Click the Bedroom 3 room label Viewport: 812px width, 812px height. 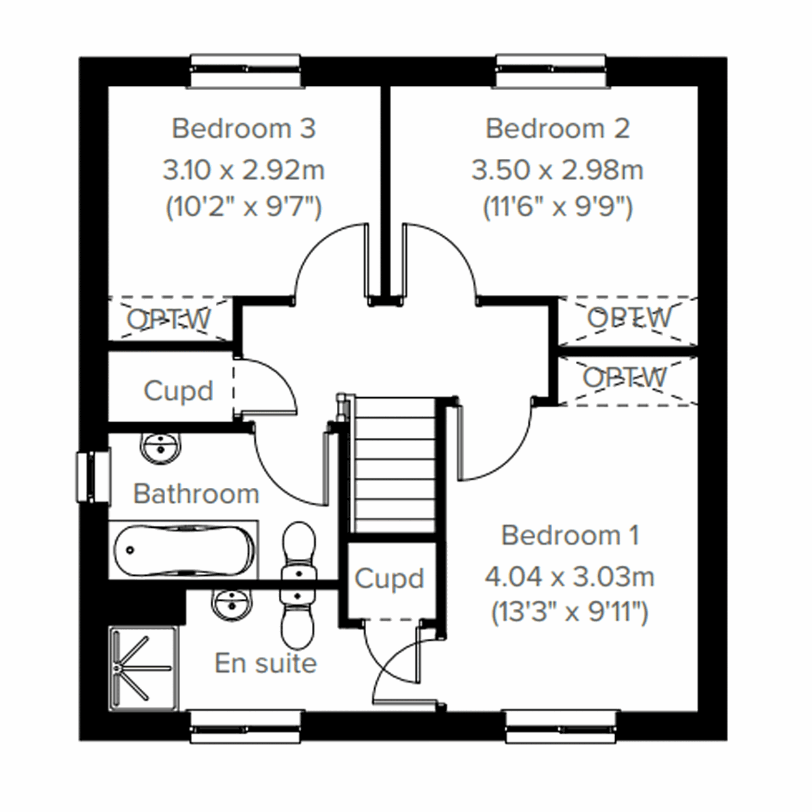coord(244,129)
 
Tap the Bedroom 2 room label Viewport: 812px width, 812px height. coord(558,129)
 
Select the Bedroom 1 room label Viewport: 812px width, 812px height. coord(570,535)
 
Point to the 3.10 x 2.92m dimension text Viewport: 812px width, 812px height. coord(244,170)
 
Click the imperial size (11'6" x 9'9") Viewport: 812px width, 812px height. coord(558,207)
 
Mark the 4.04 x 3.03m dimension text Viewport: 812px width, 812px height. coord(570,577)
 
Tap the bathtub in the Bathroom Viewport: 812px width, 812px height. coord(183,549)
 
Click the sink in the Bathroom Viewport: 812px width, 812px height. coord(161,448)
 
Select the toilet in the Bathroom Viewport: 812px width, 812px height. coord(298,551)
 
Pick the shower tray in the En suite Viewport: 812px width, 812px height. coord(143,667)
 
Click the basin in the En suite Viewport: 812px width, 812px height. coord(232,602)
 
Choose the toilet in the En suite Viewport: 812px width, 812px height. coord(298,616)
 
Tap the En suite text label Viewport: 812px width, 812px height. coord(265,663)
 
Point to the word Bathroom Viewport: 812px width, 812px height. coord(196,494)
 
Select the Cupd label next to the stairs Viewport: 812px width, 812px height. coord(389,579)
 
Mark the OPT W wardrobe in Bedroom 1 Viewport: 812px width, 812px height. coord(627,378)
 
